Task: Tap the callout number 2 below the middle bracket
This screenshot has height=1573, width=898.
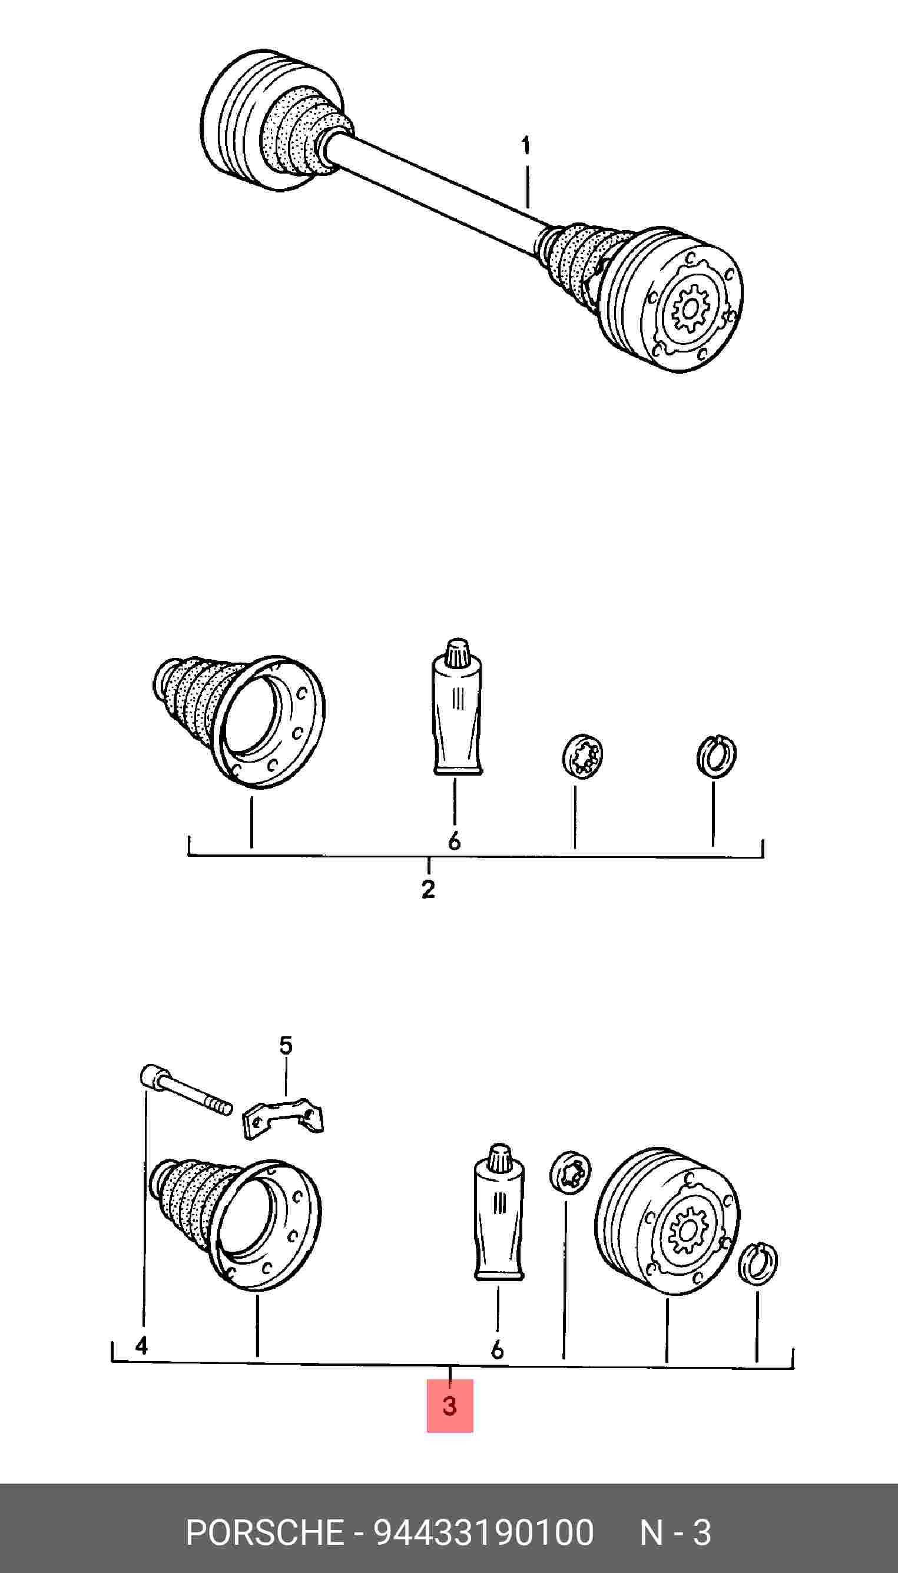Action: (428, 889)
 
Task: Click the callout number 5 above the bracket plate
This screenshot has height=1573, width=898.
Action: (285, 1045)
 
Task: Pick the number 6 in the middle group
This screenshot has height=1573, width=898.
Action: (455, 841)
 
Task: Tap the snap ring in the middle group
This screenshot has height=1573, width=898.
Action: (716, 756)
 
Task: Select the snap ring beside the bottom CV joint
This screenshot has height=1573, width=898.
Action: (758, 1265)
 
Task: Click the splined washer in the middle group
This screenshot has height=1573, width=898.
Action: (583, 756)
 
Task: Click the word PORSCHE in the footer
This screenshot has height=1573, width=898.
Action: (264, 1533)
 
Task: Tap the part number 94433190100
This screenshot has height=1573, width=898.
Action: (484, 1533)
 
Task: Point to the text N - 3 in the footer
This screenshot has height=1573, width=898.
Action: (676, 1533)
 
